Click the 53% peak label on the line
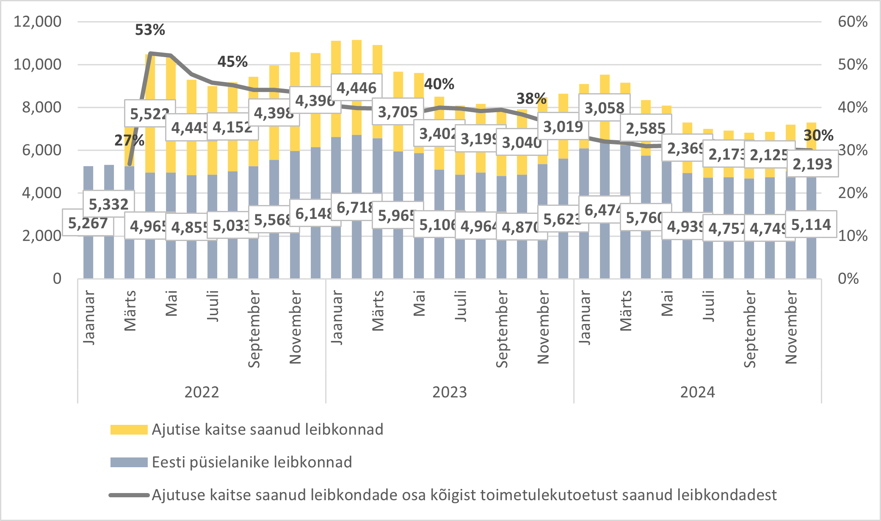(x=150, y=30)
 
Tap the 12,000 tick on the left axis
(x=37, y=22)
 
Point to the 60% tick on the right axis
(x=852, y=22)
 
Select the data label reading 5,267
(x=88, y=223)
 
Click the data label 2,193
(x=812, y=164)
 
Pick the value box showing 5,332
(x=108, y=204)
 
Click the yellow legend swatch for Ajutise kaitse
(x=129, y=430)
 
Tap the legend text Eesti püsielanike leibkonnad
(x=251, y=462)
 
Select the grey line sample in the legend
(x=129, y=495)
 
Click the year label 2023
(x=449, y=392)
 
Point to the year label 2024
(x=697, y=392)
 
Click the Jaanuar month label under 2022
(x=89, y=317)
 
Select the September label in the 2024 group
(x=749, y=329)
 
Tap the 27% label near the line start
(x=129, y=140)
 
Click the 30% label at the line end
(x=818, y=136)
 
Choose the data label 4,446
(x=356, y=88)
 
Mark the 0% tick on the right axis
(x=848, y=279)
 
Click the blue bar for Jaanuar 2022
(x=88, y=254)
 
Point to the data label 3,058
(x=604, y=108)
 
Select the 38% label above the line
(x=531, y=99)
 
